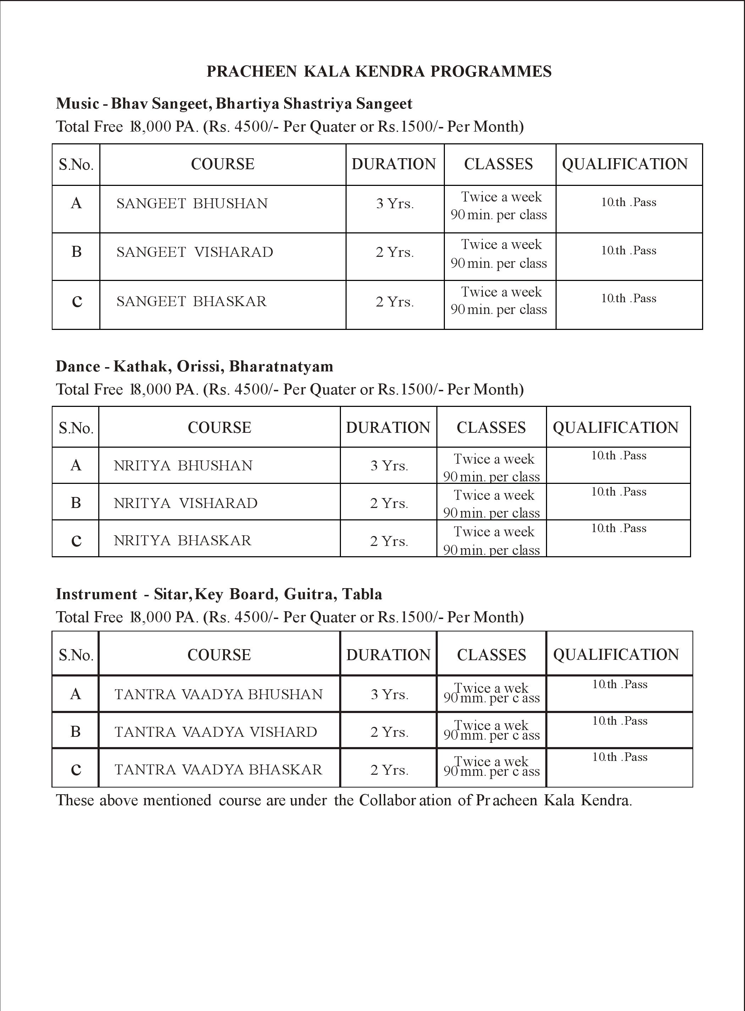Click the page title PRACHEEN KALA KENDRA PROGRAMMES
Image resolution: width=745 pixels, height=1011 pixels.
coord(379,71)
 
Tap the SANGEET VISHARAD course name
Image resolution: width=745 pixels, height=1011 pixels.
coord(195,252)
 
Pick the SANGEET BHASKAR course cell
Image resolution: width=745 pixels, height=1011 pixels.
coord(192,301)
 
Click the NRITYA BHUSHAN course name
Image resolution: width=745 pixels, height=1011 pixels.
coord(183,465)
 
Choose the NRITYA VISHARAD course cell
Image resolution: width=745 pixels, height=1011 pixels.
coord(185,503)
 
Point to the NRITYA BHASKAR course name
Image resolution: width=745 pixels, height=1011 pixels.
coord(182,540)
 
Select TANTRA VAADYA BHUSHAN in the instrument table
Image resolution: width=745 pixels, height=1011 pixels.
coord(219,694)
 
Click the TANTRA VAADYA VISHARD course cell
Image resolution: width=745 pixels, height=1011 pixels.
coord(216,731)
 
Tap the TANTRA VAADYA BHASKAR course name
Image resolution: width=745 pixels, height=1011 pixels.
coord(218,769)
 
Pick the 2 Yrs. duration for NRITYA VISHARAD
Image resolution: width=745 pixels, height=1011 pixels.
coord(389,503)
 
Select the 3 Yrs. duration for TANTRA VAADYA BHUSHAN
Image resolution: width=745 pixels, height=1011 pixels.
coord(390,694)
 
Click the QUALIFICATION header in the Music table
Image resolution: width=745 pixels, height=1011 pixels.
coord(625,164)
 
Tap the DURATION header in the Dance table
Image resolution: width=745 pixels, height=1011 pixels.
coord(388,427)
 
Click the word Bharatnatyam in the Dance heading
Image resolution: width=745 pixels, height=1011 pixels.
coord(281,366)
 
